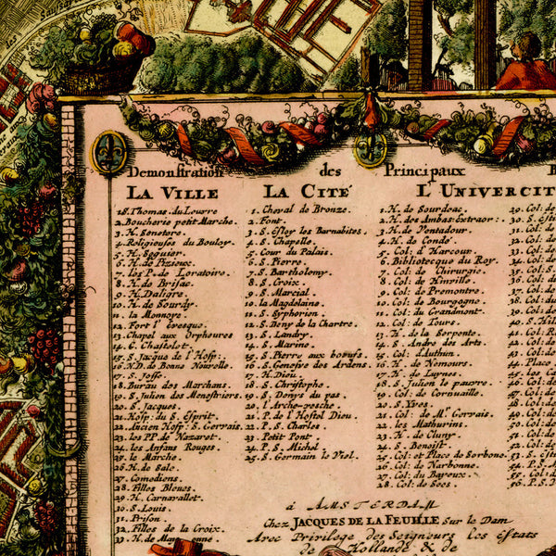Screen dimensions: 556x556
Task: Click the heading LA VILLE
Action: tap(172, 193)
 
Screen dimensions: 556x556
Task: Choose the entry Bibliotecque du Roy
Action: tap(446, 261)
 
